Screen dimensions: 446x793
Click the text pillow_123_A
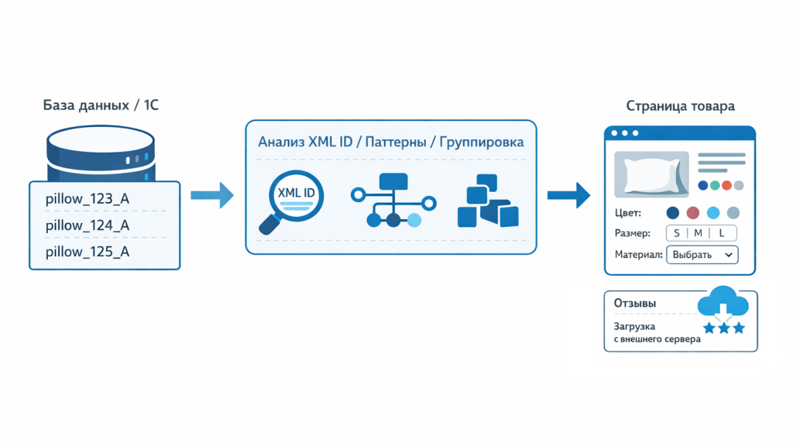pos(87,199)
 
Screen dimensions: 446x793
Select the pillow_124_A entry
pos(87,225)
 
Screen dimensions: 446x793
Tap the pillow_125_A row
pos(87,252)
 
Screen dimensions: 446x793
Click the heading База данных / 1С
pos(101,105)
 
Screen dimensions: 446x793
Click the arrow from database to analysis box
pos(211,195)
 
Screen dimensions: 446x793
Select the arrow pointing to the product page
pos(568,195)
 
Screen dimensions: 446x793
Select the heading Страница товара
pos(680,106)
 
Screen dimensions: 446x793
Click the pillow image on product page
pos(651,174)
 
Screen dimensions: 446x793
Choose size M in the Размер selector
pos(698,233)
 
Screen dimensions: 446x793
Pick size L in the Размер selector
pos(722,233)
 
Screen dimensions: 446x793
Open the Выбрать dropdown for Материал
pos(702,255)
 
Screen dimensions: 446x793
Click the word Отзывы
pos(635,304)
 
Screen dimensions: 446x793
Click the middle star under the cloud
pos(724,328)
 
